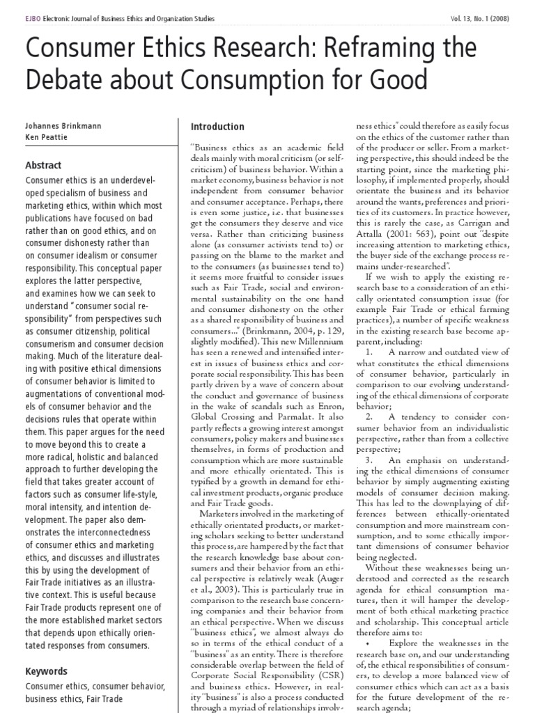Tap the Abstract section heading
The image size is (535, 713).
coord(43,166)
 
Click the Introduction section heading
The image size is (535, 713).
coord(217,127)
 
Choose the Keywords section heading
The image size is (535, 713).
coord(47,672)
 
